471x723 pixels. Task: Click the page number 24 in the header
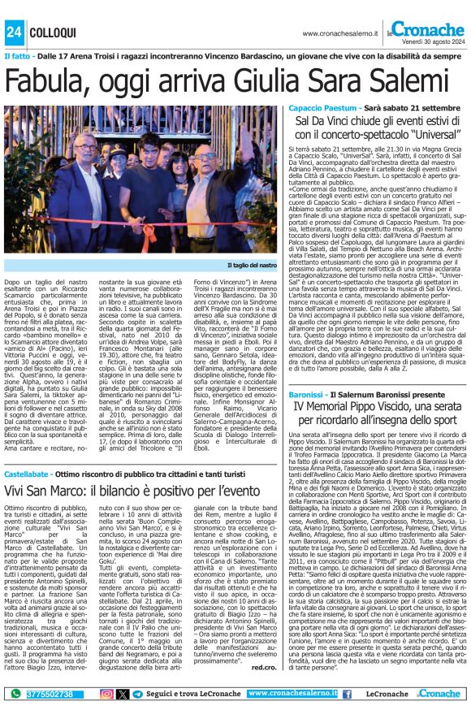tap(14, 31)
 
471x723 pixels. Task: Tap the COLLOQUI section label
tap(53, 32)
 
